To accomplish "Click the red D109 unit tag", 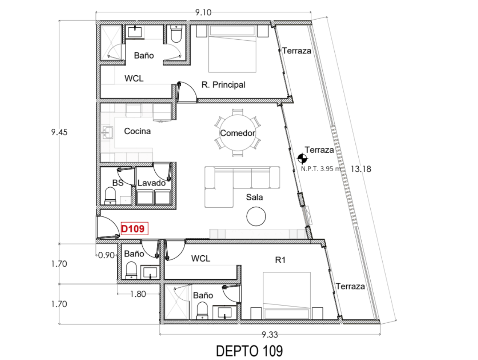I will pos(134,229).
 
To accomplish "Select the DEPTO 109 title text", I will pos(249,351).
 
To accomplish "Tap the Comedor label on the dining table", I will pos(237,133).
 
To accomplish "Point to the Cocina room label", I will pos(137,131).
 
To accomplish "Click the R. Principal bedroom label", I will pos(223,85).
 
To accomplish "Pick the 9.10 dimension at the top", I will pos(204,12).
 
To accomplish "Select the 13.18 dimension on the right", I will pos(360,168).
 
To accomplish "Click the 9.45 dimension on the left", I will pos(59,132).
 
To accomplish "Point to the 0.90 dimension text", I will pos(106,255).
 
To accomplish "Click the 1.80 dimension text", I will pos(138,294).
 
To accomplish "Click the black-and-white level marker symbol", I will pos(302,159).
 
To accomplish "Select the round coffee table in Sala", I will pos(256,216).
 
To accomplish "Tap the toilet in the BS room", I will pos(110,197).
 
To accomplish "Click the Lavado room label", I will pos(151,183).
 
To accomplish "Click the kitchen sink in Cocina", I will pos(106,133).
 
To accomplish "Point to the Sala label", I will pos(254,198).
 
